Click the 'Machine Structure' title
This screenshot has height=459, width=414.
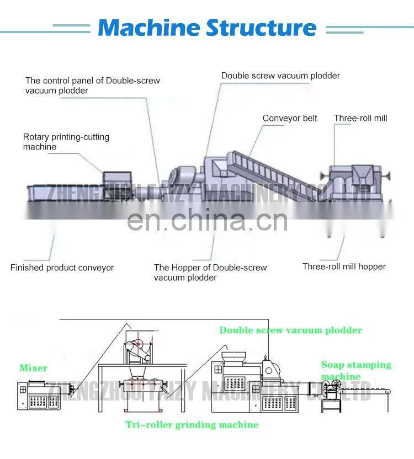coord(207,27)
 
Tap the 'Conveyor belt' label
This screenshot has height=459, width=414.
coord(290,118)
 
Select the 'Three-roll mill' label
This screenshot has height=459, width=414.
coord(360,118)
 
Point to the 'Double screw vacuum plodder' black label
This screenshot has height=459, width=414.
coord(280,76)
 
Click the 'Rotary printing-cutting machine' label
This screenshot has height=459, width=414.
coord(66,142)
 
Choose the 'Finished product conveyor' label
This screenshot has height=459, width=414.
coord(62,268)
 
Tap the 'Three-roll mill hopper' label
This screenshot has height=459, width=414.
coord(344,266)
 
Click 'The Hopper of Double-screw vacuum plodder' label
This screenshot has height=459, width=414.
coord(210,273)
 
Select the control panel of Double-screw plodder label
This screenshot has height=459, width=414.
coord(93,86)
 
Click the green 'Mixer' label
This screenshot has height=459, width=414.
coord(34,368)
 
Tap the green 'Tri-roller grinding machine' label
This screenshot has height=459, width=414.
coord(192,425)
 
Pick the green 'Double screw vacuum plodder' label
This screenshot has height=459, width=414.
coord(290,330)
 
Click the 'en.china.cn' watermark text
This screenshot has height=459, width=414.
coord(207,221)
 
